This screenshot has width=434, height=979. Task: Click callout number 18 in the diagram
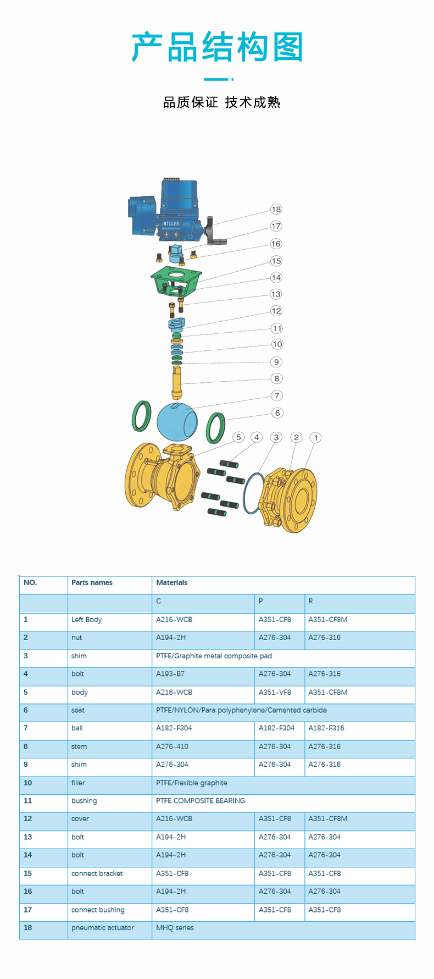pos(276,209)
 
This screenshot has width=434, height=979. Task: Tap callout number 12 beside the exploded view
pos(276,311)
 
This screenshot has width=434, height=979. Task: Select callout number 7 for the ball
pos(277,395)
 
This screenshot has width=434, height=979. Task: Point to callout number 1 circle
pos(315,438)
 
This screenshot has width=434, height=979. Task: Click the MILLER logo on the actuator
pos(171,223)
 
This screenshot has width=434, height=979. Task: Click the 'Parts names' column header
pos(92,582)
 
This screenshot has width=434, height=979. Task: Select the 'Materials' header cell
pos(172,582)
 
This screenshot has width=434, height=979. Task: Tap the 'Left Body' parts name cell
pos(86,619)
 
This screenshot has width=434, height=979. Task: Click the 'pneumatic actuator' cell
pos(103,927)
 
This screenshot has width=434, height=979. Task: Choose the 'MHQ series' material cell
pos(175,927)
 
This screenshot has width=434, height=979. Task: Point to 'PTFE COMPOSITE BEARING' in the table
pos(201,801)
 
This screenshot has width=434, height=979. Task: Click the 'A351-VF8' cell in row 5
pos(275,692)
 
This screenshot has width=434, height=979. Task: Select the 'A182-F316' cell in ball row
pos(326,728)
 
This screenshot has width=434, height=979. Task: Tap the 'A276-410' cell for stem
pos(172,746)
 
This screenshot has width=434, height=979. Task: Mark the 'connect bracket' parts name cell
pos(97,873)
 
